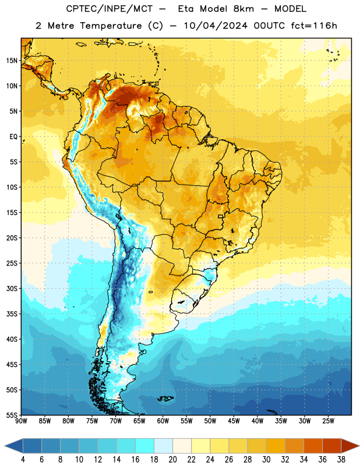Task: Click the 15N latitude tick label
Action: click(x=12, y=61)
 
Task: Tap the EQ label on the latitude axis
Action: click(x=13, y=137)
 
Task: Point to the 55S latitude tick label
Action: click(x=12, y=415)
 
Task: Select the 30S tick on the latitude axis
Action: click(x=12, y=288)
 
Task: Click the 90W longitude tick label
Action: click(x=21, y=421)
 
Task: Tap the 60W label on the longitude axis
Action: click(x=163, y=421)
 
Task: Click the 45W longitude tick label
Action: click(x=234, y=421)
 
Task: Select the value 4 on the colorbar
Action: click(x=23, y=460)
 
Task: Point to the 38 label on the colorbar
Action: click(x=341, y=460)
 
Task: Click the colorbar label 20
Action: click(x=172, y=460)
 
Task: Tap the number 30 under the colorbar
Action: click(x=266, y=460)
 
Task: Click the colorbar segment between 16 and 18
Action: click(x=145, y=446)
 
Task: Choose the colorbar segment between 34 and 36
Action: click(x=313, y=446)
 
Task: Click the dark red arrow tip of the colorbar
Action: click(x=359, y=446)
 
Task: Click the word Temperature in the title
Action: click(x=111, y=26)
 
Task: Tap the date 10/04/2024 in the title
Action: click(x=216, y=26)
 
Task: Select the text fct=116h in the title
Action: click(x=314, y=26)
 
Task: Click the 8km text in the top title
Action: click(x=243, y=9)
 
